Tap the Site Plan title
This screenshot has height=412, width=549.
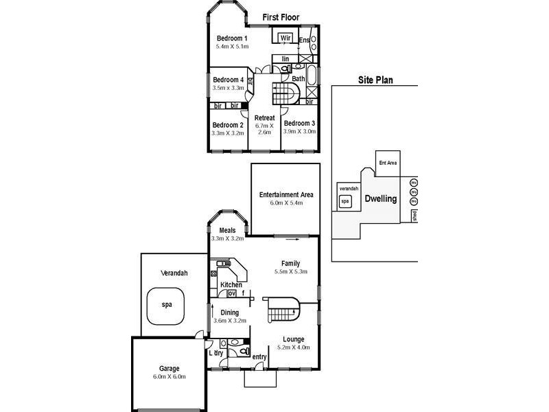point(375,80)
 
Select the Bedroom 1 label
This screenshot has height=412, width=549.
point(232,38)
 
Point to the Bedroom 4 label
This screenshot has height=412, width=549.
point(228,80)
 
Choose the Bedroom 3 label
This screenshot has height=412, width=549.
point(299,124)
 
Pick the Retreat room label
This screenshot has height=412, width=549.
point(264,118)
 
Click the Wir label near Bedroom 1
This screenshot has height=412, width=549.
point(285,37)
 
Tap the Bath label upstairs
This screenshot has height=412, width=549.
point(299,79)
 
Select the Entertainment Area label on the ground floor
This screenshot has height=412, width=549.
point(285,195)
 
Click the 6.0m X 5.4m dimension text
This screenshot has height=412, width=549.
point(285,203)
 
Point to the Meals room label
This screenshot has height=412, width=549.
point(227,231)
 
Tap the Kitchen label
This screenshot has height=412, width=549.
point(231,284)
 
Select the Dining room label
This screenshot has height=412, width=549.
point(229,312)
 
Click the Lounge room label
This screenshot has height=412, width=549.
point(294,339)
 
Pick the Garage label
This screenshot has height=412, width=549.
point(169,368)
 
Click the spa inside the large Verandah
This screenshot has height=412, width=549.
point(166,304)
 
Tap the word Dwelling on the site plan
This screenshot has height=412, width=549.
point(381,199)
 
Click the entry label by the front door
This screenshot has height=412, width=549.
point(259,356)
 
